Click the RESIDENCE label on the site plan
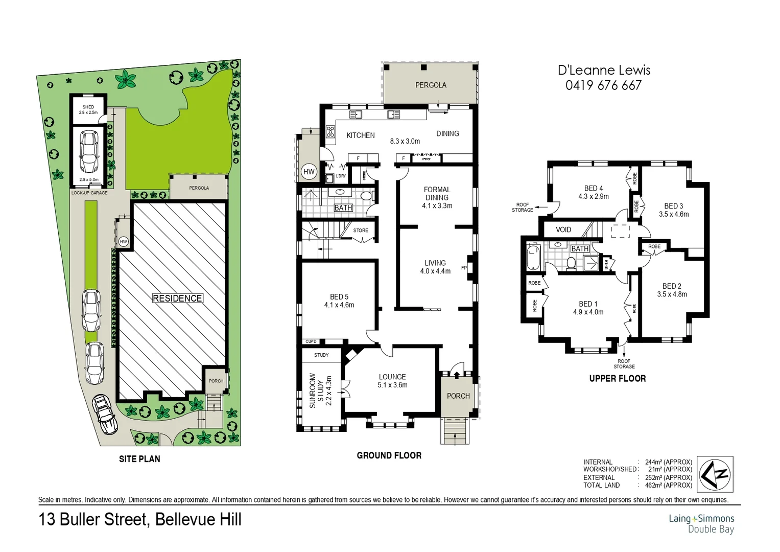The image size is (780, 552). tap(177, 298)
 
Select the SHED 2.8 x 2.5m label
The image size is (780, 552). tap(88, 109)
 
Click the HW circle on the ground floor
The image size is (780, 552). tap(309, 172)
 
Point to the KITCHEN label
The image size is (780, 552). tap(360, 135)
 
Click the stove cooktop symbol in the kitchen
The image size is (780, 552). tap(330, 131)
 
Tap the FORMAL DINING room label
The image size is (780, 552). tap(437, 197)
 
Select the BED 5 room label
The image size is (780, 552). tap(339, 301)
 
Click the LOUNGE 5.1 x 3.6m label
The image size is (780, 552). tap(392, 381)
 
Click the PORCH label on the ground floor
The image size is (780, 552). tap(458, 396)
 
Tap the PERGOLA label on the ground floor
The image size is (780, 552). tap(431, 85)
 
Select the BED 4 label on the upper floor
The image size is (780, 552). tap(593, 192)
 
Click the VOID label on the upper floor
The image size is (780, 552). tap(563, 229)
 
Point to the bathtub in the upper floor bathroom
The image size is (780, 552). tap(533, 257)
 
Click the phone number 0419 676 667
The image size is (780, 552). tap(603, 85)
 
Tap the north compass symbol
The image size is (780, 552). tap(715, 474)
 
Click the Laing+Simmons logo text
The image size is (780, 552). tap(701, 518)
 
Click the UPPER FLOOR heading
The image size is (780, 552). tap(617, 378)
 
